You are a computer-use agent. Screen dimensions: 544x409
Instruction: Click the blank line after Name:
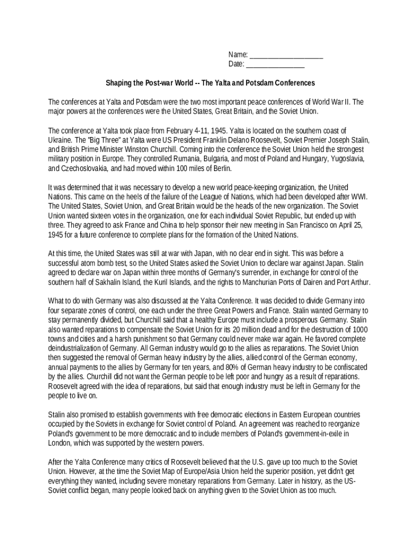[x=286, y=55]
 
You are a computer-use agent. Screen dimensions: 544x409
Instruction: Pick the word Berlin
[x=220, y=168]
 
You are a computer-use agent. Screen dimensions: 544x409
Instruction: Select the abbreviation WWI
[x=358, y=197]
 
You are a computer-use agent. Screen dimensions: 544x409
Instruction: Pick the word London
[x=59, y=444]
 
